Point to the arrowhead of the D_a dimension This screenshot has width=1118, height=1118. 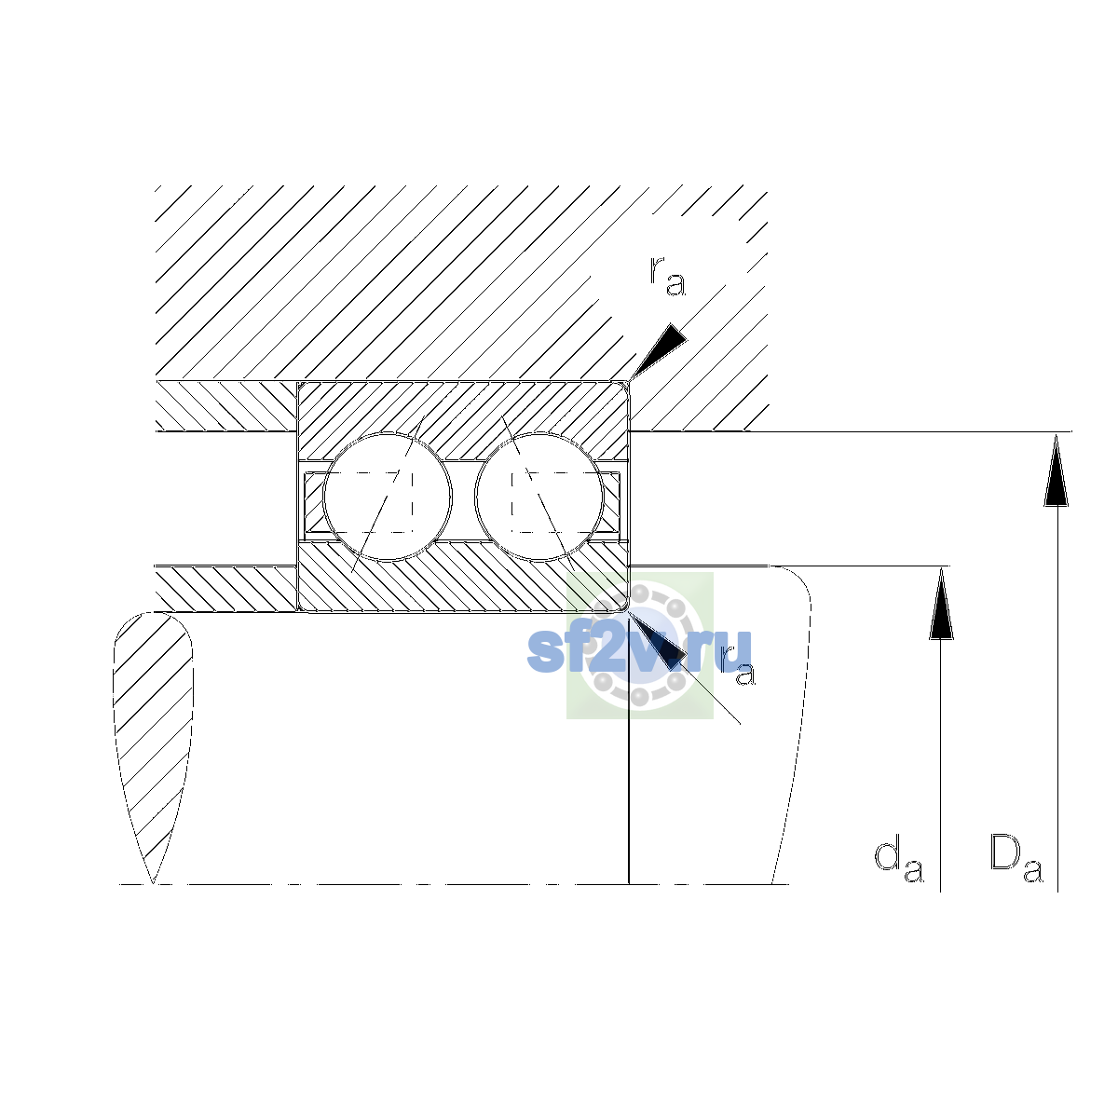[x=1056, y=470]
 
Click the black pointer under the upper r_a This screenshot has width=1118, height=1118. [x=659, y=350]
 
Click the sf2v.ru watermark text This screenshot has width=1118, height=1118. [x=639, y=650]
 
